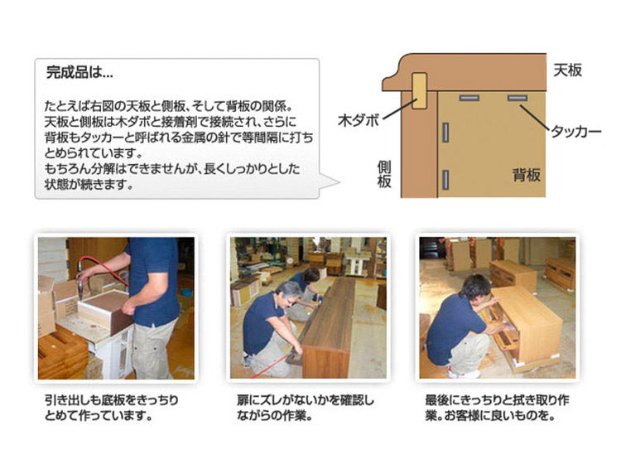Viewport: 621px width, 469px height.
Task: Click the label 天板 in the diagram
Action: pyautogui.click(x=567, y=70)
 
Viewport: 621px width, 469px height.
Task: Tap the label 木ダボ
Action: pyautogui.click(x=358, y=120)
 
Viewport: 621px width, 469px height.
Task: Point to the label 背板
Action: pyautogui.click(x=526, y=175)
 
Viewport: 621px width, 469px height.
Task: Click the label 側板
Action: pyautogui.click(x=384, y=175)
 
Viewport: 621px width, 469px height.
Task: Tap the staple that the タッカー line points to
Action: pyautogui.click(x=518, y=99)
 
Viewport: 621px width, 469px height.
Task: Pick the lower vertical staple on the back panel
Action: pyautogui.click(x=445, y=177)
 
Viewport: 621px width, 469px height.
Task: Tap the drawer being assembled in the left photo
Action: pyautogui.click(x=103, y=312)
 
